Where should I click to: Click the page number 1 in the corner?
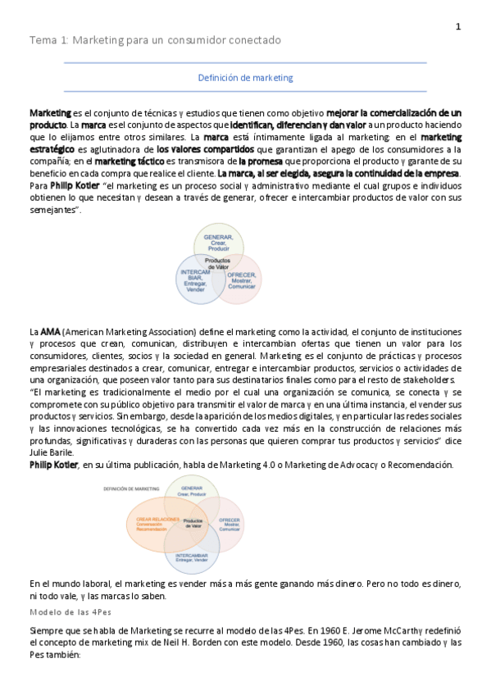pos(458,27)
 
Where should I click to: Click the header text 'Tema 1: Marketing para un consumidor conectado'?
pos(155,40)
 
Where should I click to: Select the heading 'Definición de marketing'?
pos(246,78)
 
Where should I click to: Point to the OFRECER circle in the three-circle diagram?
pos(241,279)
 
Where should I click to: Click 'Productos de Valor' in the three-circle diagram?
pos(218,265)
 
